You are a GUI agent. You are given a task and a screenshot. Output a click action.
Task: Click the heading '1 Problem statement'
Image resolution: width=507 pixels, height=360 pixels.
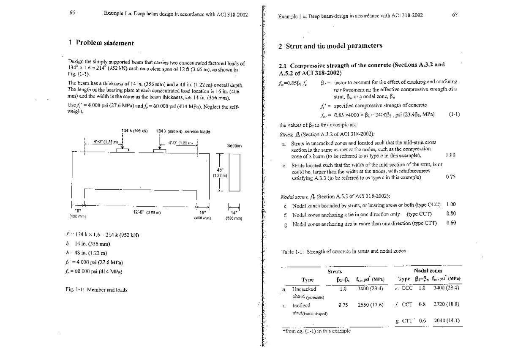101,43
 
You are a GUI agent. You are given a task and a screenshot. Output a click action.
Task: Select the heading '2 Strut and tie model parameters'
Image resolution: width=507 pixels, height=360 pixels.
330,46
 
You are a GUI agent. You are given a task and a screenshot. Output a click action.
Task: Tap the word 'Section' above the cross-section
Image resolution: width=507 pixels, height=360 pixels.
234,145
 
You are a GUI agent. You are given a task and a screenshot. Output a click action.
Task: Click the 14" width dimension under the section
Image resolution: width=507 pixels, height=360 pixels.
233,214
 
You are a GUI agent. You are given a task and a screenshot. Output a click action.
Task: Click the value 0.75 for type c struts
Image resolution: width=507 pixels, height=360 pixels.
451,177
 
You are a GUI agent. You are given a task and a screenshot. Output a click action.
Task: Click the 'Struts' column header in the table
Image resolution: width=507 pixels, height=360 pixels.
335,272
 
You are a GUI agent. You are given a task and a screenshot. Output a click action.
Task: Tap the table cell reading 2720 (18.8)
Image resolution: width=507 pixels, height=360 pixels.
447,303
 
